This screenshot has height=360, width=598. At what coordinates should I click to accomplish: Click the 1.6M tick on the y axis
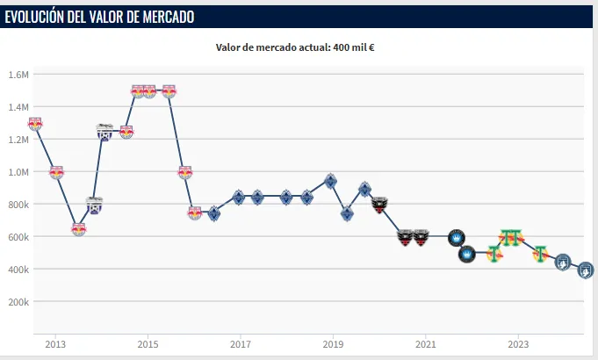pyautogui.click(x=18, y=75)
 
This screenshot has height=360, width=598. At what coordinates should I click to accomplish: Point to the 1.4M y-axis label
pyautogui.click(x=18, y=107)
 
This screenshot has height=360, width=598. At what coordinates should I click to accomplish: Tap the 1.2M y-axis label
pyautogui.click(x=18, y=140)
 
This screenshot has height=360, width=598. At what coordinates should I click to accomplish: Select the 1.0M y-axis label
pyautogui.click(x=18, y=172)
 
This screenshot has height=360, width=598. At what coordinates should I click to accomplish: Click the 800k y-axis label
pyautogui.click(x=18, y=205)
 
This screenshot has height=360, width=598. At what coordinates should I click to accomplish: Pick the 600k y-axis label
pyautogui.click(x=18, y=237)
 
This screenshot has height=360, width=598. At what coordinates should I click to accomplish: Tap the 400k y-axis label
pyautogui.click(x=18, y=270)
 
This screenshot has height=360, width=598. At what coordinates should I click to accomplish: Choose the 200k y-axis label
pyautogui.click(x=18, y=302)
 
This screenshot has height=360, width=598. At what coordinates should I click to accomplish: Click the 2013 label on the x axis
pyautogui.click(x=55, y=343)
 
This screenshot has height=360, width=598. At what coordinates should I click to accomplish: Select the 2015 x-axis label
pyautogui.click(x=148, y=343)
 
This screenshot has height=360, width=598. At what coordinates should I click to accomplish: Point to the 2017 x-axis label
pyautogui.click(x=240, y=343)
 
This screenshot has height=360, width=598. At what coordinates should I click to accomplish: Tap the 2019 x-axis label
pyautogui.click(x=333, y=343)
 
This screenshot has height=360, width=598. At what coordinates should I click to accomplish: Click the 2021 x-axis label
pyautogui.click(x=425, y=343)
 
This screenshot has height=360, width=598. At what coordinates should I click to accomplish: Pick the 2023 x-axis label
pyautogui.click(x=518, y=343)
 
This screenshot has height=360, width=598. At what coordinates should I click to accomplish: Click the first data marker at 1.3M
pyautogui.click(x=34, y=124)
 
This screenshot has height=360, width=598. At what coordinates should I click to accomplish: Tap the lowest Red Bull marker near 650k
pyautogui.click(x=78, y=229)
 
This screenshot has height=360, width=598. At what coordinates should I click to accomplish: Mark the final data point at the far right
pyautogui.click(x=585, y=270)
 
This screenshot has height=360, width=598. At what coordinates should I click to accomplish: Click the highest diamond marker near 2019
pyautogui.click(x=330, y=181)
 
